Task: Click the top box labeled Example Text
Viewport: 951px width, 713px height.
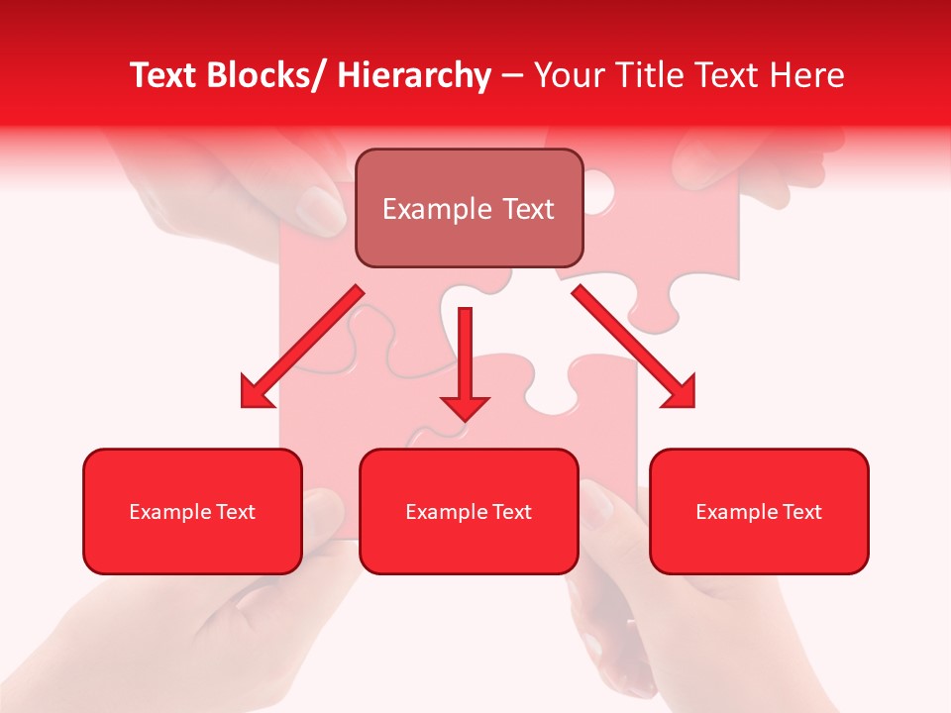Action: coord(469,208)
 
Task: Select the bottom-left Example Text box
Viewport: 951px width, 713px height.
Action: coord(192,511)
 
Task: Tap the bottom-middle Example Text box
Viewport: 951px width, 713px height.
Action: coord(469,511)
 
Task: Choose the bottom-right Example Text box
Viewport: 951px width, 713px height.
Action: coord(759,511)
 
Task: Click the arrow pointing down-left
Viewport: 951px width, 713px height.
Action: coord(302,347)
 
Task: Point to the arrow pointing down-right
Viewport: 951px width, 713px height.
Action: coord(634,347)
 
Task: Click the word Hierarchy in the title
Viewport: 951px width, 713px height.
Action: coord(414,75)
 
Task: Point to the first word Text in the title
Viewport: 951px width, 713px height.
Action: coord(164,75)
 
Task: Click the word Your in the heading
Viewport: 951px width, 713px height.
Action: coord(568,75)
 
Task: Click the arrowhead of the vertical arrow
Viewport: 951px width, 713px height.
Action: coord(465,407)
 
